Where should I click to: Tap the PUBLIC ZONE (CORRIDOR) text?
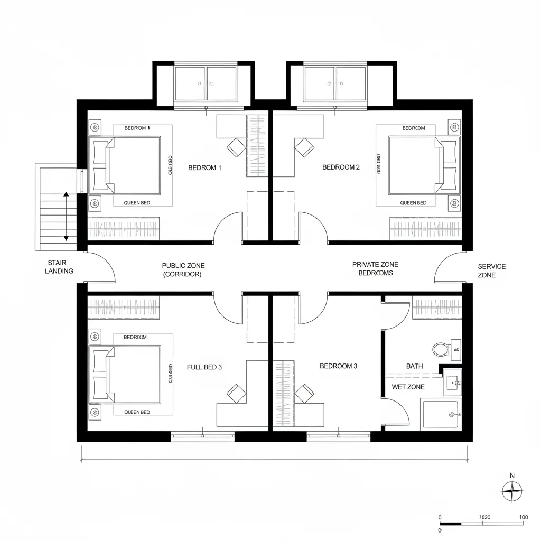click(183, 270)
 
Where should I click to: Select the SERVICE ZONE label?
click(491, 270)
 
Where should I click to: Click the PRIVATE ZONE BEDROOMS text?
click(375, 269)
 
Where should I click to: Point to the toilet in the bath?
click(440, 349)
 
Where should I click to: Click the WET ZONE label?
click(408, 387)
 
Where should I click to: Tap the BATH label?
click(415, 366)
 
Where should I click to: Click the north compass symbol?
click(512, 491)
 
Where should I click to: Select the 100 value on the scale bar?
click(524, 517)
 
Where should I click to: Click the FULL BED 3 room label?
click(204, 367)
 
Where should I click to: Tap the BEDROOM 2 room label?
click(341, 167)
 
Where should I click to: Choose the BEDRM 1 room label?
click(204, 167)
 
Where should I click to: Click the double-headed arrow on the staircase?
click(66, 217)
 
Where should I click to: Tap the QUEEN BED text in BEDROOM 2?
click(413, 203)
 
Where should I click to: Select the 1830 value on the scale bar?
click(484, 517)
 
